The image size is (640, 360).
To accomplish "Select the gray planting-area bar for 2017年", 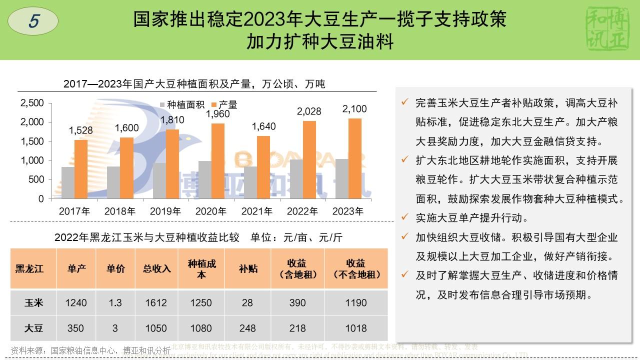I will (68, 182).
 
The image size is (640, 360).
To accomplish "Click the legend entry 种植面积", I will (182, 105).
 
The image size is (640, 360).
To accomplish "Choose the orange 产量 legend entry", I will (224, 105).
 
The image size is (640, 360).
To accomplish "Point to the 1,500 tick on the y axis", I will (32, 141).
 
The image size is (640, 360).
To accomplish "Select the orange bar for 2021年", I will (263, 167).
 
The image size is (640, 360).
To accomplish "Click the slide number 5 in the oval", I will (34, 21).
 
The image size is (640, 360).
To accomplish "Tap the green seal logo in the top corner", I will (606, 29).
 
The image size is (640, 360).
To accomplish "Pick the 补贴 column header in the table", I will (248, 268).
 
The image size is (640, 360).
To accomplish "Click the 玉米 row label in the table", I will (34, 303).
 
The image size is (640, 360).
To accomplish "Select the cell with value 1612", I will (156, 303).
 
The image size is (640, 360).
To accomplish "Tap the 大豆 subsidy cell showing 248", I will (248, 328).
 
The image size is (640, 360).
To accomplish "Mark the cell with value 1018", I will (356, 328).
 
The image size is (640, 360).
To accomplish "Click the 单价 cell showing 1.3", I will (115, 303).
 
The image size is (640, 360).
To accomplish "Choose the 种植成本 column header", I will (201, 268).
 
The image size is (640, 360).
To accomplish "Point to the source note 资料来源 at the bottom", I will (90, 350).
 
